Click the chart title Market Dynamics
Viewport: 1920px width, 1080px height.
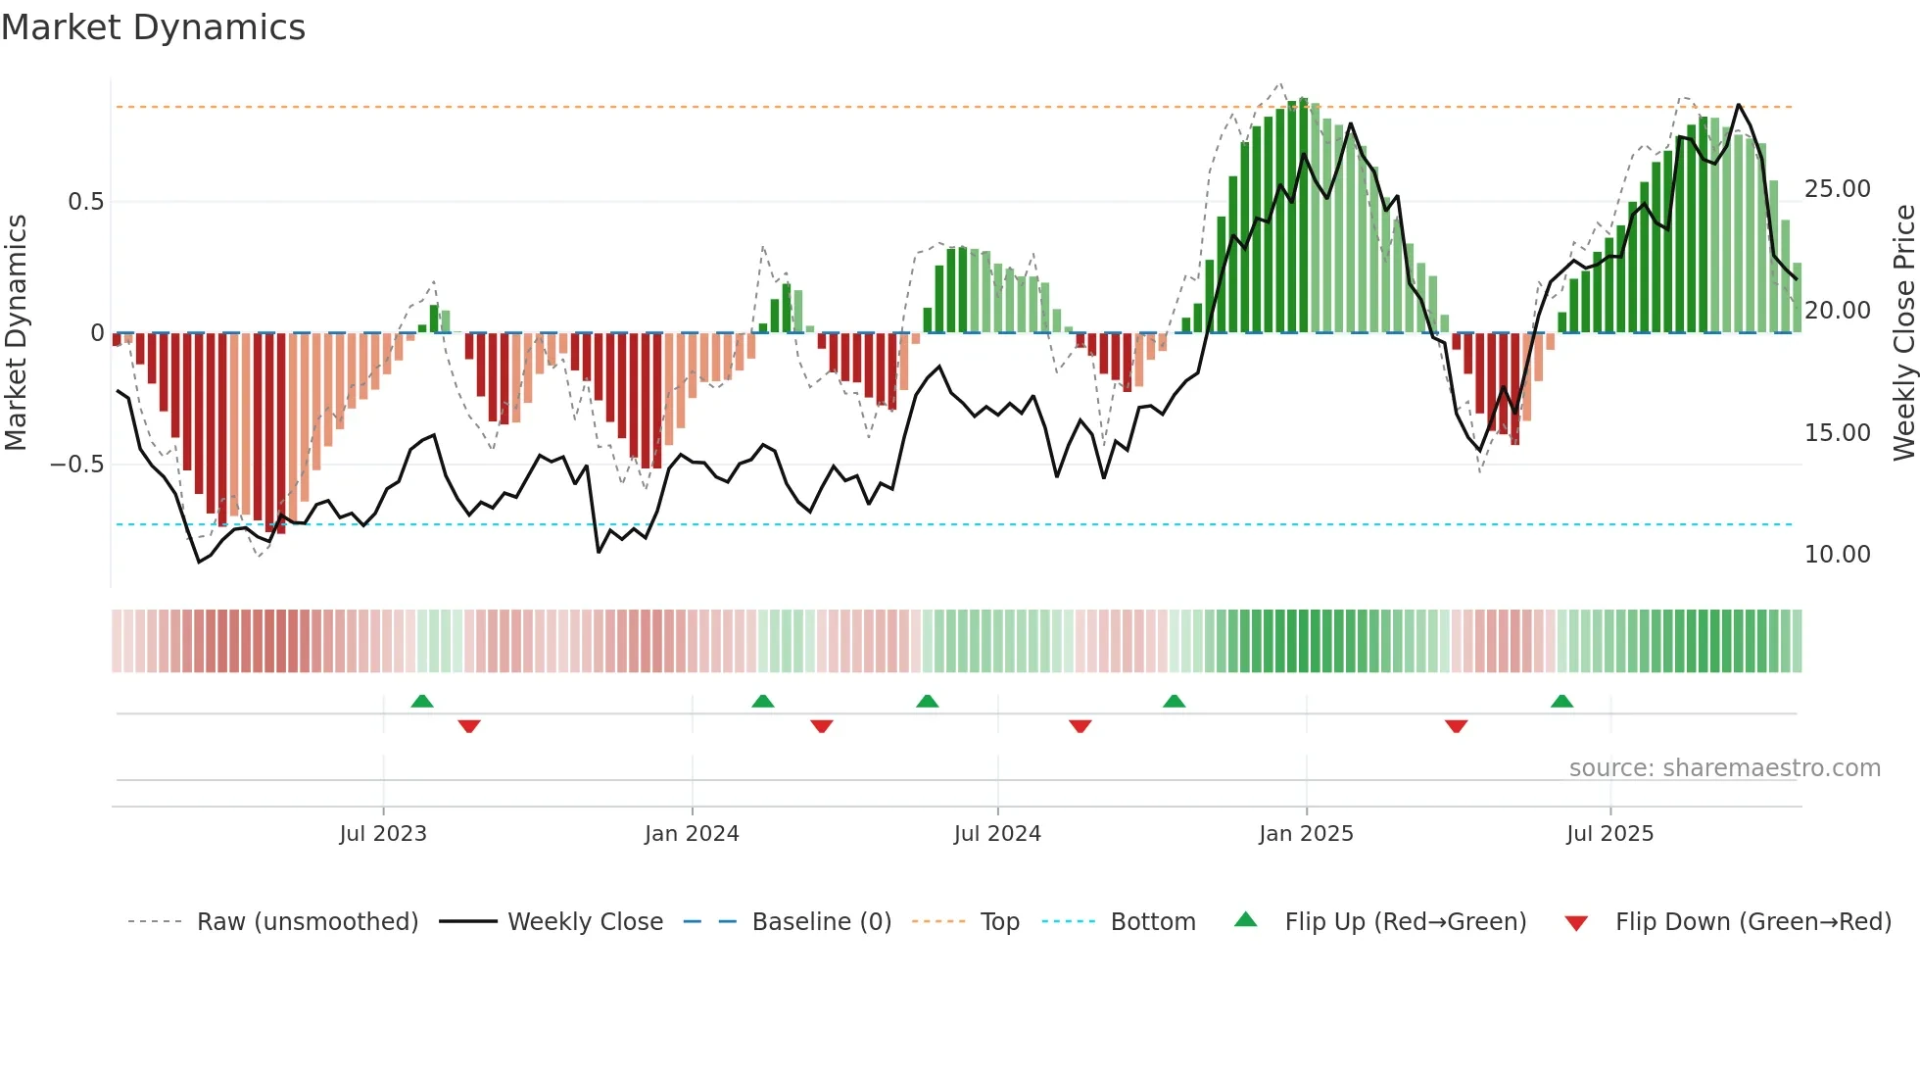(x=154, y=27)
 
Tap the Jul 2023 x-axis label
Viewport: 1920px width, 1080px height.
(x=383, y=834)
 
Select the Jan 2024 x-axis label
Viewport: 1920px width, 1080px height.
(x=692, y=834)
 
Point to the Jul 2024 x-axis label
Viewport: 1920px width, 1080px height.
(x=997, y=834)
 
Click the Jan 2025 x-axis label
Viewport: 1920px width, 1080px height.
(x=1306, y=834)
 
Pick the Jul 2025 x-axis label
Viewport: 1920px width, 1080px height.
(x=1609, y=834)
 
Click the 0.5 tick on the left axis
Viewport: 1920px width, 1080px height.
(x=85, y=202)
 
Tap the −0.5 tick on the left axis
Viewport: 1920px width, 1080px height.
(x=77, y=465)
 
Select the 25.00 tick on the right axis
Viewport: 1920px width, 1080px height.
(x=1837, y=189)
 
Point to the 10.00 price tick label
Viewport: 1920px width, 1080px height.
(x=1837, y=555)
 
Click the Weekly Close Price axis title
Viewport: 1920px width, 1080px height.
(x=1903, y=333)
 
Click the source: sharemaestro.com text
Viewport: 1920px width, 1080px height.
(x=1724, y=768)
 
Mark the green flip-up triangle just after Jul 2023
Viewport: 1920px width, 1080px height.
(x=422, y=702)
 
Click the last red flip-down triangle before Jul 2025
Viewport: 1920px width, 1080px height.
(x=1456, y=726)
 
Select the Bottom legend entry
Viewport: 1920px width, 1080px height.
(x=1152, y=922)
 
